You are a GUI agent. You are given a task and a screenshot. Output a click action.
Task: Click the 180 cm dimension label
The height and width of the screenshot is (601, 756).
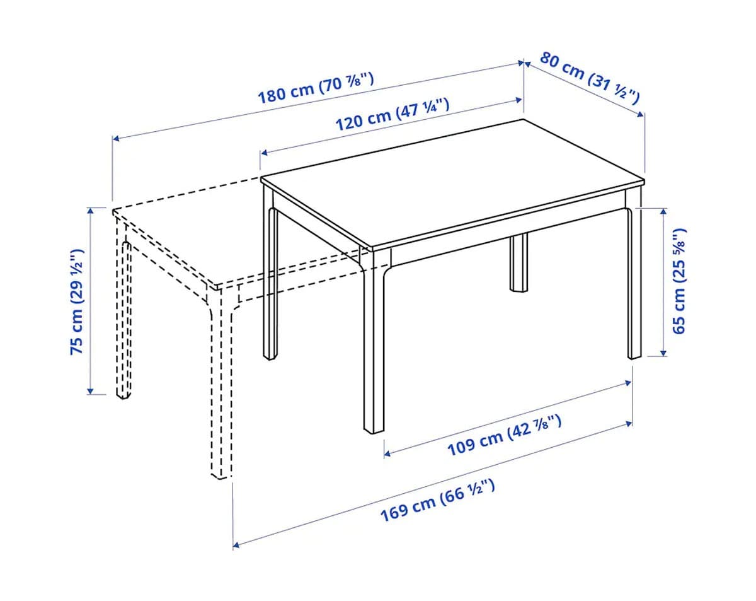(x=316, y=88)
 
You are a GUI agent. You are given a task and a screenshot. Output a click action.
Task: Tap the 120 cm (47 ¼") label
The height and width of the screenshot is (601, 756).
(x=392, y=115)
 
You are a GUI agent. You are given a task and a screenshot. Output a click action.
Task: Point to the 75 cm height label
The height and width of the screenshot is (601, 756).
(x=77, y=301)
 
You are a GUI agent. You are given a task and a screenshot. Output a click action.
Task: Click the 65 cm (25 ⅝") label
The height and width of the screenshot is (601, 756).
(x=679, y=281)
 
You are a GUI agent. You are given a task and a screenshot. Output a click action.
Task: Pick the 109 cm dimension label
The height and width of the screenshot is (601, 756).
(x=505, y=435)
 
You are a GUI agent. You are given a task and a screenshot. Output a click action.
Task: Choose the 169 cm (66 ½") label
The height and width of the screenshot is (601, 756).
(x=438, y=499)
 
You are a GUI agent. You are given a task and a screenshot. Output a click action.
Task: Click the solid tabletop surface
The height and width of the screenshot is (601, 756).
(x=453, y=184)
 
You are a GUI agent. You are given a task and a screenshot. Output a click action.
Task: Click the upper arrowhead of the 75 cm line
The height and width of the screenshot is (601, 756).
(x=91, y=211)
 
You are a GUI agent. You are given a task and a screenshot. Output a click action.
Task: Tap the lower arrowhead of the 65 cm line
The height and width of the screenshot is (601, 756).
(x=663, y=353)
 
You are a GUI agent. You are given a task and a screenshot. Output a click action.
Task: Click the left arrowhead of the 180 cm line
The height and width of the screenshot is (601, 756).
(x=116, y=139)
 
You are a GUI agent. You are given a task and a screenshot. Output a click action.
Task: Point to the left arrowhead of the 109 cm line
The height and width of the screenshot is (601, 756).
(x=387, y=453)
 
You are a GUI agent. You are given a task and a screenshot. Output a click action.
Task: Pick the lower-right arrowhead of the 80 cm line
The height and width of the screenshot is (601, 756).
(x=641, y=115)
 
